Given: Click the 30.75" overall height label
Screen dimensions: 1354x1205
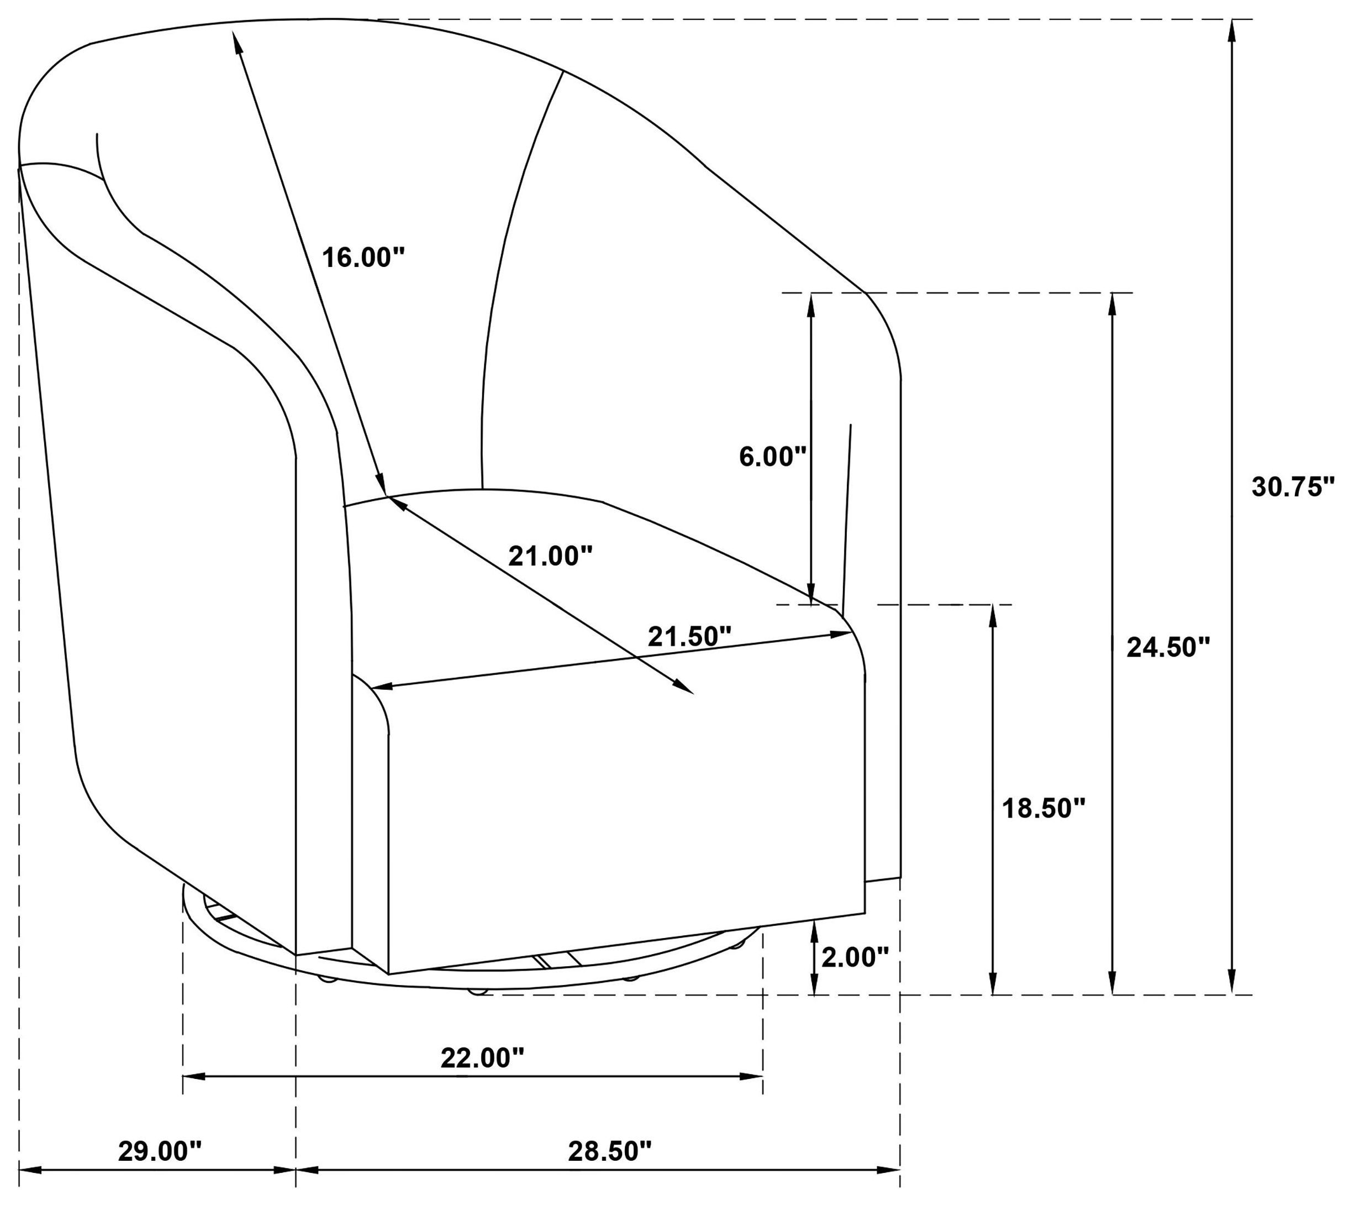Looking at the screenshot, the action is (1292, 487).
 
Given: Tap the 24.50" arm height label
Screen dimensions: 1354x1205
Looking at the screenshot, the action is (1168, 648).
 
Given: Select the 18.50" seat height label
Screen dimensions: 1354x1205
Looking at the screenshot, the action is (1044, 809).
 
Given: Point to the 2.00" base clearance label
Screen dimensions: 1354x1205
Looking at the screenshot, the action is (855, 956).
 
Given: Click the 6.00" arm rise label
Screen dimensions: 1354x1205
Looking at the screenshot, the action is (772, 457).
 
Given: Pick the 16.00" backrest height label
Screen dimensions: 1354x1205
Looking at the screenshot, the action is (363, 256).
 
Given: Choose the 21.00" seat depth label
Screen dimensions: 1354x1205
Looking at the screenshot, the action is (550, 556).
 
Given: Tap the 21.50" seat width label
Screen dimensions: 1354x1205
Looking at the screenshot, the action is (689, 636).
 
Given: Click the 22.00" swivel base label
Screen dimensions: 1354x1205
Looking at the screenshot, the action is (482, 1058).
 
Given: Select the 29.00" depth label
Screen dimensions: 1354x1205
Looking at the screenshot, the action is (159, 1151).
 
